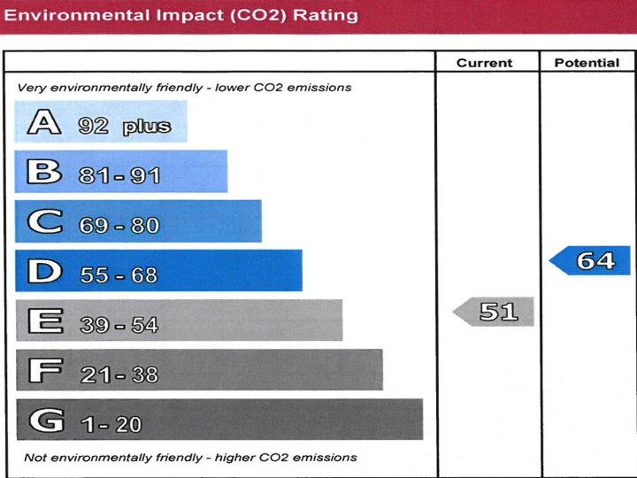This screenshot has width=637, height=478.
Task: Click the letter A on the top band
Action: [x=44, y=123]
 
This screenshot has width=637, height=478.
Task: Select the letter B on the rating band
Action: [x=44, y=173]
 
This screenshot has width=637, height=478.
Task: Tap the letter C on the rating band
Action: [x=45, y=222]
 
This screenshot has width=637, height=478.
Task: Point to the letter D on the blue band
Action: [x=45, y=272]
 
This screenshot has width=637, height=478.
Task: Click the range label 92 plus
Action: [x=124, y=127]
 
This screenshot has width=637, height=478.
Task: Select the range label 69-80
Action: [x=119, y=226]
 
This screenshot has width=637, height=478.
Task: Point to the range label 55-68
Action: [x=119, y=275]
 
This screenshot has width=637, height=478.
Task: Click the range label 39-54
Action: [x=119, y=325]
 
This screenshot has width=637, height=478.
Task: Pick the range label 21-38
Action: [x=119, y=374]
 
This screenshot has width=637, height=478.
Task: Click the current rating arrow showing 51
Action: [x=495, y=312]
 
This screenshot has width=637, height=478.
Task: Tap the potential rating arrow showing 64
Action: [x=592, y=261]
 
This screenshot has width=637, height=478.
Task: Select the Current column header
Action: [x=484, y=63]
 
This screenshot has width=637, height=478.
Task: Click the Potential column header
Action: [x=587, y=63]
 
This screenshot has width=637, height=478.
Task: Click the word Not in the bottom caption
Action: [x=35, y=458]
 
